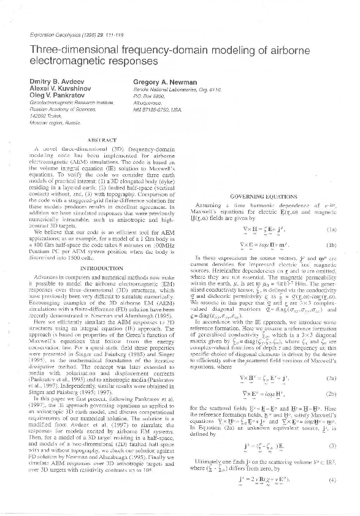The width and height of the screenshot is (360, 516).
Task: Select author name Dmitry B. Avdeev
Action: click(56, 82)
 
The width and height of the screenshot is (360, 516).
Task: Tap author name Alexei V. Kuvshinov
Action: click(60, 89)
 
